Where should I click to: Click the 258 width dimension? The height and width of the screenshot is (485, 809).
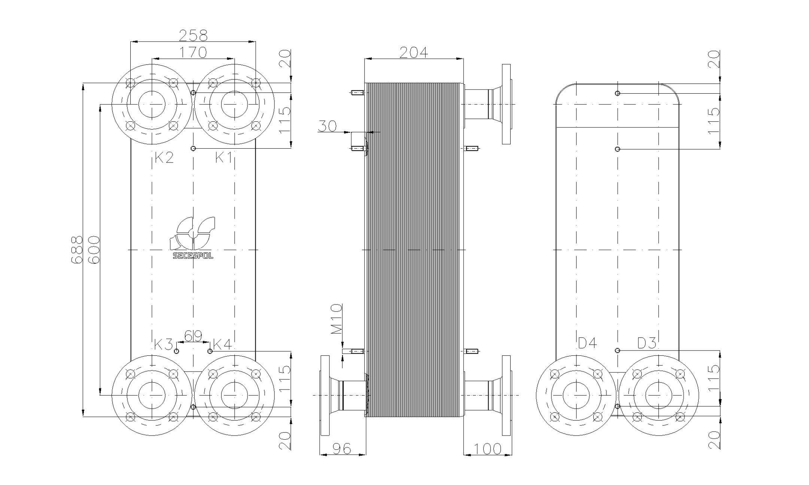pyautogui.click(x=193, y=36)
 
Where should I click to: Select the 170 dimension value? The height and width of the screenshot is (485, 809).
pyautogui.click(x=193, y=52)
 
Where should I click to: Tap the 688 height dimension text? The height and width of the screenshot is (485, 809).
pyautogui.click(x=76, y=250)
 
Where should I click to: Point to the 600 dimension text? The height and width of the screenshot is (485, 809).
pyautogui.click(x=94, y=250)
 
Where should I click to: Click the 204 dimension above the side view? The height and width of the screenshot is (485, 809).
pyautogui.click(x=413, y=53)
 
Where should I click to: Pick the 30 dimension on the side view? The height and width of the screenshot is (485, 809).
pyautogui.click(x=327, y=126)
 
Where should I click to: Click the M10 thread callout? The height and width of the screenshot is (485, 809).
pyautogui.click(x=337, y=319)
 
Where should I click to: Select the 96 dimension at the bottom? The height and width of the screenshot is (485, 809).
pyautogui.click(x=342, y=448)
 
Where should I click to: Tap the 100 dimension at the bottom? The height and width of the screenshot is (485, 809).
pyautogui.click(x=487, y=449)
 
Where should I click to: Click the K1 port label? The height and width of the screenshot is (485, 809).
pyautogui.click(x=223, y=158)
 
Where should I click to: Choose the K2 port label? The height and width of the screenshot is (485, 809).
pyautogui.click(x=164, y=158)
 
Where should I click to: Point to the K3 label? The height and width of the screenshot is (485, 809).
pyautogui.click(x=164, y=344)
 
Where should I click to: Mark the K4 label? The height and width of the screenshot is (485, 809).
pyautogui.click(x=222, y=344)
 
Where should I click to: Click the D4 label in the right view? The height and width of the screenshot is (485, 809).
pyautogui.click(x=587, y=343)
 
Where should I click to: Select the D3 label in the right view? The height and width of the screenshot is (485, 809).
pyautogui.click(x=647, y=343)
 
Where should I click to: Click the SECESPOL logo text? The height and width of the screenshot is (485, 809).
pyautogui.click(x=193, y=256)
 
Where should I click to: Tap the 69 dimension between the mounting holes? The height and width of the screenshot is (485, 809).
pyautogui.click(x=193, y=336)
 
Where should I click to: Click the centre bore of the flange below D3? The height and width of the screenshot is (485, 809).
pyautogui.click(x=659, y=395)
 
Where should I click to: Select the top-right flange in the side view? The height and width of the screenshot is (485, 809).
pyautogui.click(x=506, y=104)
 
